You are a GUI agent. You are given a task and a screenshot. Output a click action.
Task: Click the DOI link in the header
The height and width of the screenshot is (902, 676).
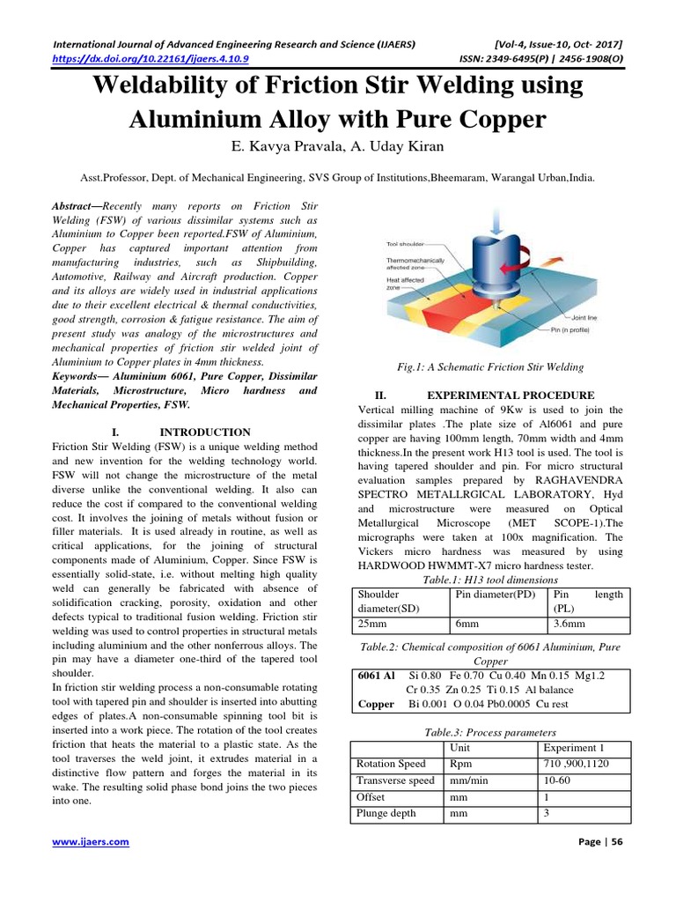pyautogui.click(x=151, y=59)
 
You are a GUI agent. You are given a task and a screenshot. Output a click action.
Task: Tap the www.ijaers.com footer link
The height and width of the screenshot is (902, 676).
pyautogui.click(x=91, y=841)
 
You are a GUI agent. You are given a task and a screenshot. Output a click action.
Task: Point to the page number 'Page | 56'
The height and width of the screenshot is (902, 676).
pyautogui.click(x=599, y=842)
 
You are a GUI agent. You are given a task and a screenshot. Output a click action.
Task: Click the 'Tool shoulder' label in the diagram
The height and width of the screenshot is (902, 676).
pyautogui.click(x=406, y=243)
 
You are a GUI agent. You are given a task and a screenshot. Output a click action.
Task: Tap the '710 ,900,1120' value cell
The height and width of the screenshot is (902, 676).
pyautogui.click(x=577, y=764)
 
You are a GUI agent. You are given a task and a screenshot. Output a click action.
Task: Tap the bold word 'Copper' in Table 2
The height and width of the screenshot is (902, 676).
pyautogui.click(x=376, y=705)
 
